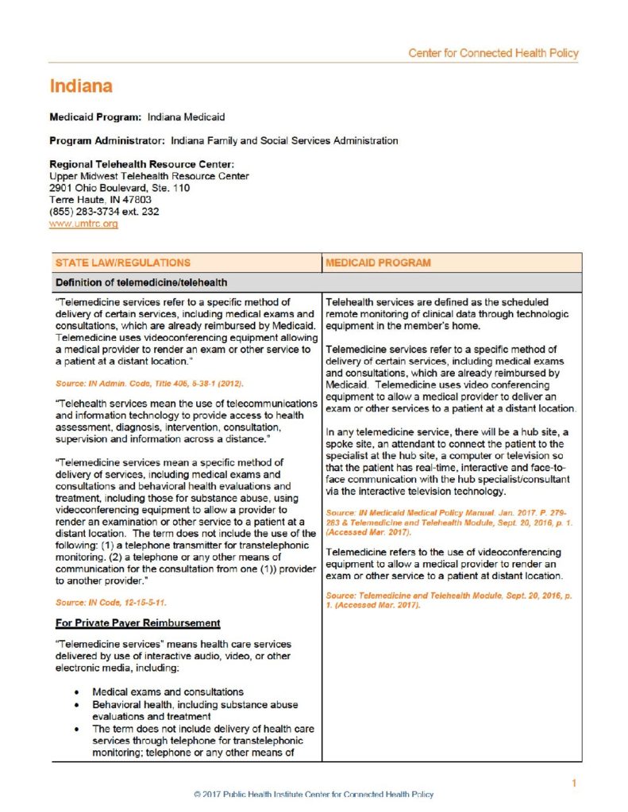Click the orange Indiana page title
(x=81, y=86)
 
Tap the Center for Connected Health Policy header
(x=493, y=53)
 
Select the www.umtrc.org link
(x=83, y=224)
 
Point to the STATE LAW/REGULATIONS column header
(x=123, y=262)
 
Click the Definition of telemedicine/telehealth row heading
(x=141, y=282)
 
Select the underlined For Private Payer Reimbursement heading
(x=137, y=622)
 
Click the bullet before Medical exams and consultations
(x=76, y=692)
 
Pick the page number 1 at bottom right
(x=573, y=784)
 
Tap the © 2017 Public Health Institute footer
(x=314, y=795)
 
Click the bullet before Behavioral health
(x=76, y=704)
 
